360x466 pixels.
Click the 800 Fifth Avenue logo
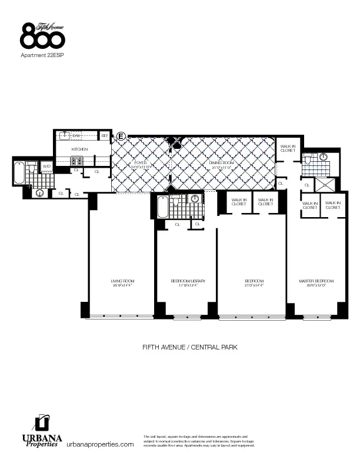click(x=42, y=36)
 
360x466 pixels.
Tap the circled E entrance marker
click(x=121, y=137)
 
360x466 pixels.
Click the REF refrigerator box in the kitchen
click(x=105, y=136)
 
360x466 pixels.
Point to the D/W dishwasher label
click(x=76, y=136)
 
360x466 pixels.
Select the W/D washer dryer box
click(x=46, y=167)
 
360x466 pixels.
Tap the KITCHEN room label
click(x=79, y=149)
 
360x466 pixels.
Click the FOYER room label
click(x=140, y=162)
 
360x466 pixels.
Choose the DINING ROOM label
click(x=220, y=162)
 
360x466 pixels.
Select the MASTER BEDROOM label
click(x=317, y=281)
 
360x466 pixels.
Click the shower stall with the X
click(x=325, y=184)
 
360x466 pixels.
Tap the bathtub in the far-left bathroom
click(x=19, y=173)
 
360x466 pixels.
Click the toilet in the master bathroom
click(x=322, y=157)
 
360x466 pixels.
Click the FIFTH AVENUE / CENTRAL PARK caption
click(x=189, y=347)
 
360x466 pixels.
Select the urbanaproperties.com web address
click(x=100, y=444)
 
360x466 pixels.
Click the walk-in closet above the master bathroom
click(x=288, y=149)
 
